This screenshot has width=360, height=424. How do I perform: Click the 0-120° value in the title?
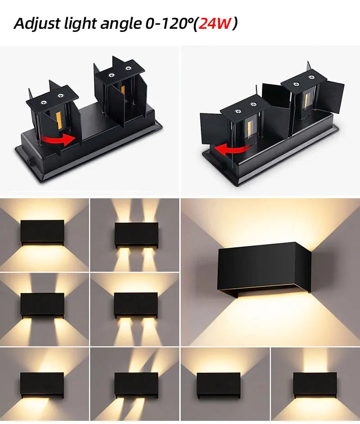click(164, 23)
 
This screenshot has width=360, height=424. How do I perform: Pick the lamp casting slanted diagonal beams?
click(136, 385)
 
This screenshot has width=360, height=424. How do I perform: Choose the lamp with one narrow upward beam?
click(315, 385)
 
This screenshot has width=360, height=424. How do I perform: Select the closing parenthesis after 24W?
click(234, 23)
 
